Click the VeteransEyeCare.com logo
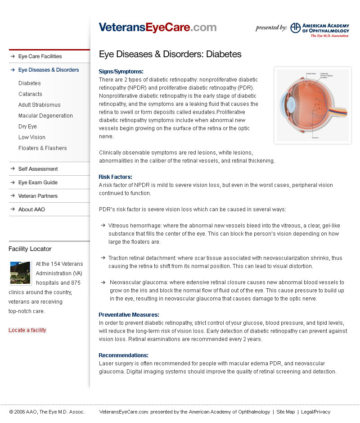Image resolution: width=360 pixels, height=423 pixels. coord(157,27)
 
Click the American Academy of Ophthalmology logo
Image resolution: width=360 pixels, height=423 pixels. coord(319,29)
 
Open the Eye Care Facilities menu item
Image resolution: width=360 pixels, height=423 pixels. coord(40,56)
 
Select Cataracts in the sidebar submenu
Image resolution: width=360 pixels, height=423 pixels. coord(30,94)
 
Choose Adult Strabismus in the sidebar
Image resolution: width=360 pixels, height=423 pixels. coord(39,105)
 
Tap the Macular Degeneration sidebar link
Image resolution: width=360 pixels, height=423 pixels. coord(45,116)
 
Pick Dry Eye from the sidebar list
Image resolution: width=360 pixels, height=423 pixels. coord(27,127)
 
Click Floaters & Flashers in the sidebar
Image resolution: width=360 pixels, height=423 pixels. coord(42,148)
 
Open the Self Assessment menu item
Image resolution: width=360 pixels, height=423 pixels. coord(38,169)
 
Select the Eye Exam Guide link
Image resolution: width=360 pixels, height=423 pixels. coord(38,182)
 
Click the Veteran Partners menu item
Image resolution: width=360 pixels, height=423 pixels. coord(38,196)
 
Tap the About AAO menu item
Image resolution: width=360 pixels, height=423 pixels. coord(31,209)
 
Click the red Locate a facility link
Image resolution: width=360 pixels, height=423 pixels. coord(27,330)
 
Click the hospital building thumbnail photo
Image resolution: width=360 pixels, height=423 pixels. coord(20,273)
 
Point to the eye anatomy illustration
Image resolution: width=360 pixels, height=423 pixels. coord(312,105)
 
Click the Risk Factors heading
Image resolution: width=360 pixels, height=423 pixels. coord(115,177)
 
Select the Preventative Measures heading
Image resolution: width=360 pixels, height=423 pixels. coord(129,315)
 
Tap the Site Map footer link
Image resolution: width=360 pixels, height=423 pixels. coord(286,412)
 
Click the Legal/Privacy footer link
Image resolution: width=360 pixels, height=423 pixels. coord(315,412)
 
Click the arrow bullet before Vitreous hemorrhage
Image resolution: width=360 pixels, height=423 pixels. coord(103,225)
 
